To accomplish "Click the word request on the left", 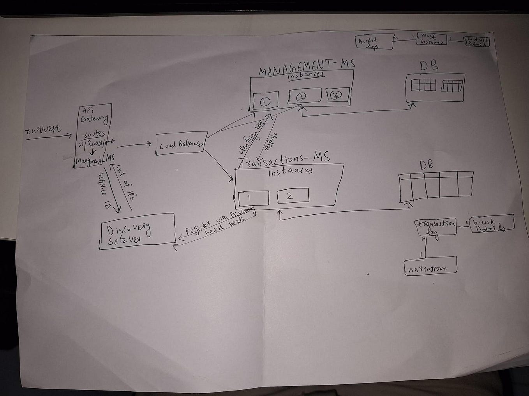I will tap(43, 129).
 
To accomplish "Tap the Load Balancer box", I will tap(181, 144).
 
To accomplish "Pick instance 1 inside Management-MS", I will tap(265, 101).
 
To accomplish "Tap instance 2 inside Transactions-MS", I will tap(293, 195).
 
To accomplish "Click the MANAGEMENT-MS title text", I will tap(307, 67).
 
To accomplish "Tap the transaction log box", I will tap(436, 227).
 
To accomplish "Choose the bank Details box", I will tap(492, 224).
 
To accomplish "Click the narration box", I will tap(430, 267).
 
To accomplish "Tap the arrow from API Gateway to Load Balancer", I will tap(134, 145).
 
